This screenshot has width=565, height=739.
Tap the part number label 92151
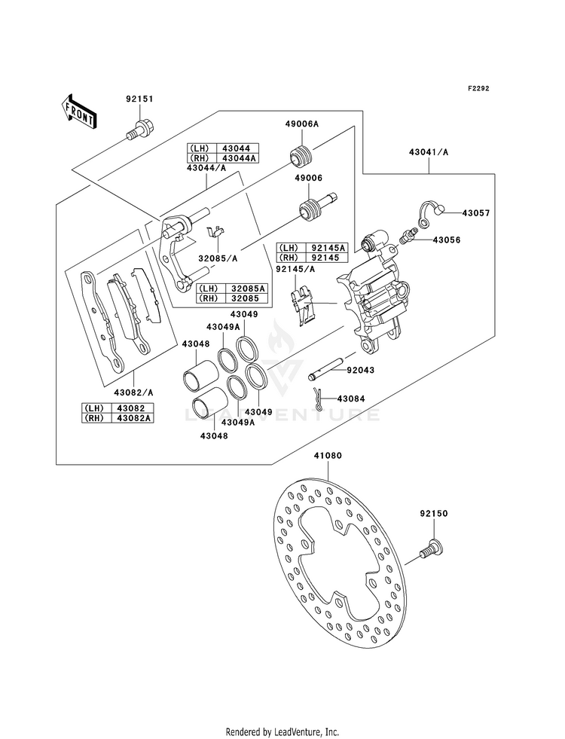point(139,99)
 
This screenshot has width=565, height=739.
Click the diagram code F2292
point(478,88)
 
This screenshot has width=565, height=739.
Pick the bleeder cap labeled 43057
point(431,213)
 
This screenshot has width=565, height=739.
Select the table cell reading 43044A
point(239,158)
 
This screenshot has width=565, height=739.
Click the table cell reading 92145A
point(328,248)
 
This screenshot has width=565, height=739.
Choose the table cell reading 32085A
point(249,289)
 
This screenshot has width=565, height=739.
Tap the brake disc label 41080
point(328,456)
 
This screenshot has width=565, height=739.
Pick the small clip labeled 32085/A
point(216,232)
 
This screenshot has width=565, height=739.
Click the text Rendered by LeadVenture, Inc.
point(282,732)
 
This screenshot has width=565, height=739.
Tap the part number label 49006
point(309,178)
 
